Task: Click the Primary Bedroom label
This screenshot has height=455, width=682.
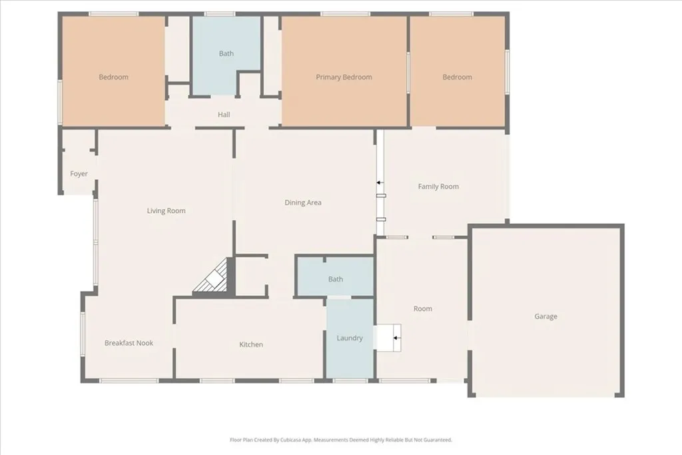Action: (x=344, y=77)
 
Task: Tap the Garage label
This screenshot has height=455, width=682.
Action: (x=545, y=316)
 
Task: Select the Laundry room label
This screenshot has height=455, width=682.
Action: (x=350, y=338)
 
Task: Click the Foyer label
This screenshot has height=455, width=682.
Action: (x=79, y=174)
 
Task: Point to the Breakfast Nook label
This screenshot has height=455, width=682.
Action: (x=129, y=343)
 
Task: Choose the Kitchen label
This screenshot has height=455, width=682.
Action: (x=251, y=344)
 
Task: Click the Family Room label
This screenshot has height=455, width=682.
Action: (x=438, y=187)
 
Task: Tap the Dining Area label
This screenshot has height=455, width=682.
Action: (x=303, y=203)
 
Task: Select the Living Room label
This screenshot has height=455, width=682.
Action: (x=166, y=211)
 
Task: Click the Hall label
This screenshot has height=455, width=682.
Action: (x=224, y=115)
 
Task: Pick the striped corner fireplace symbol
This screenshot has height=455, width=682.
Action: (x=213, y=278)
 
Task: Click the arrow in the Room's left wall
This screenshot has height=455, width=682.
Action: (x=395, y=338)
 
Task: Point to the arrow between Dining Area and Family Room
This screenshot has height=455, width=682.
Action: (x=379, y=182)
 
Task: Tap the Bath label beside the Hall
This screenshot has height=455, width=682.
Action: (x=226, y=53)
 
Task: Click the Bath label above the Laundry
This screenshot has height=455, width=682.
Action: (x=336, y=279)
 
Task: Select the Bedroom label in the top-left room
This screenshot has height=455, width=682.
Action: (x=113, y=77)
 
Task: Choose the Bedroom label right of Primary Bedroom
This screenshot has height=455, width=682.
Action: (x=457, y=77)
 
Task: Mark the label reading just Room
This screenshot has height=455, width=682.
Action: (x=422, y=308)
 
